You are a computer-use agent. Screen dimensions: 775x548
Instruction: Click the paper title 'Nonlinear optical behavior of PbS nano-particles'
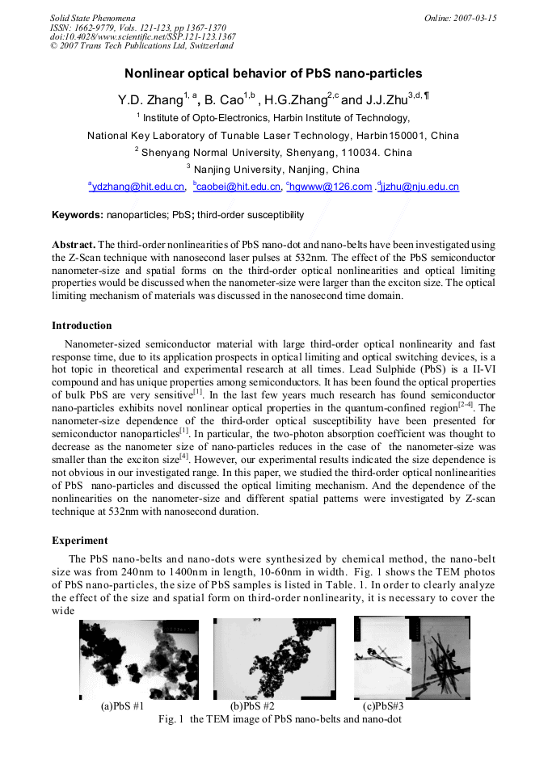[273, 74]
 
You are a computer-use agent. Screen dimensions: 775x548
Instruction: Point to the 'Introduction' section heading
[82, 326]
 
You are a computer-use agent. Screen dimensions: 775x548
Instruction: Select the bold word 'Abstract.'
[74, 244]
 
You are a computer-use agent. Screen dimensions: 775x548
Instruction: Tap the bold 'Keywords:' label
[78, 215]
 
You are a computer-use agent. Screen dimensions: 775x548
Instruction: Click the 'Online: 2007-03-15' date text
[460, 17]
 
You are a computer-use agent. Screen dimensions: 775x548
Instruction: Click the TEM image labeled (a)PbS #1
[138, 659]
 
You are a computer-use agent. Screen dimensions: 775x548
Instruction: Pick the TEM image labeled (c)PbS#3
[411, 658]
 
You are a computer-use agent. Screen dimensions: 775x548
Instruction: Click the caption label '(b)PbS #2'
[252, 706]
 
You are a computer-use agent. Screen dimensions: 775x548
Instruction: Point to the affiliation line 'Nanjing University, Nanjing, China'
[273, 170]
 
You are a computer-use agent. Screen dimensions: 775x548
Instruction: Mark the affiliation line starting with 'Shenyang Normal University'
[273, 153]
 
